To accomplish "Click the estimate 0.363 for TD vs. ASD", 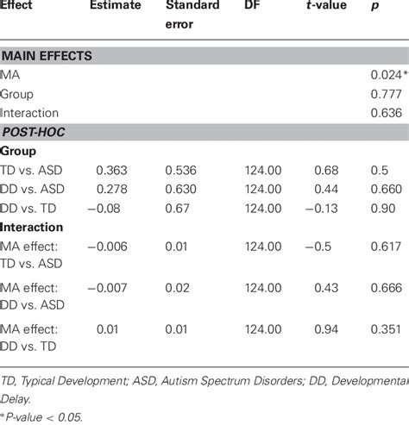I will [x=112, y=171].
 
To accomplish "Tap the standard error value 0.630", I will [x=182, y=190].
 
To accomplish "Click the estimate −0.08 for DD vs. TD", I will [x=107, y=208].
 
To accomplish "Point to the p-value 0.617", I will [x=384, y=247].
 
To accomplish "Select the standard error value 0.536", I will [x=182, y=171].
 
